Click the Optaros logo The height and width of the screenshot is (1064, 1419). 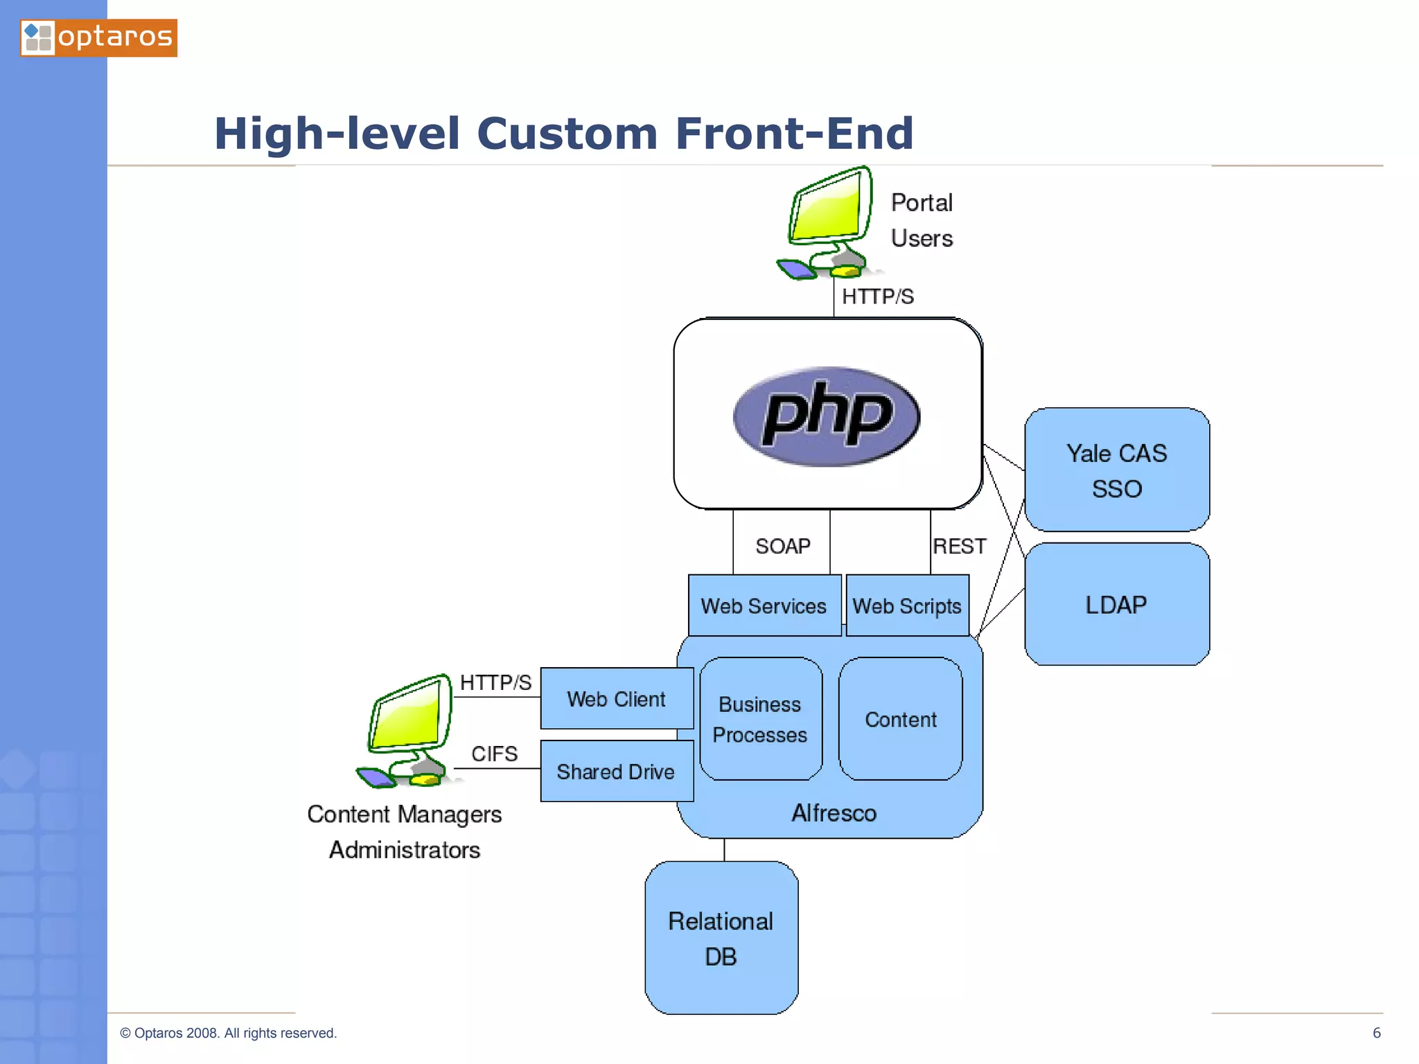point(98,37)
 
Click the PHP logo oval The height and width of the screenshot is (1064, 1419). point(826,416)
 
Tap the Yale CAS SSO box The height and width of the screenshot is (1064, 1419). point(1116,470)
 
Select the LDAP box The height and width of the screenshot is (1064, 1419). point(1116,605)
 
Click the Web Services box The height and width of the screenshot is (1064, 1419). point(764,606)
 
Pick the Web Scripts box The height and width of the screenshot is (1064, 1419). point(906,606)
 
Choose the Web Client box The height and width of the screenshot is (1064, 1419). point(616,699)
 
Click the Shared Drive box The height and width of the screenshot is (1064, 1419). point(616,772)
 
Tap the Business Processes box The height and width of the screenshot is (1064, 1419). point(760,719)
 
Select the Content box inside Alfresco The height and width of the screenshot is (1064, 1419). point(900,720)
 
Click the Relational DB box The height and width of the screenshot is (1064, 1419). point(721,939)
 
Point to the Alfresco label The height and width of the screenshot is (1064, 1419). point(834,813)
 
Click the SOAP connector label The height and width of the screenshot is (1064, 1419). point(782,547)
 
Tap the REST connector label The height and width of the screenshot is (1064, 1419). point(959,547)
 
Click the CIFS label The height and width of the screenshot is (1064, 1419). point(494,754)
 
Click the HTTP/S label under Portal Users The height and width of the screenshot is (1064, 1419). point(877,296)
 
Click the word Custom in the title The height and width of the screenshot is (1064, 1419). point(567,134)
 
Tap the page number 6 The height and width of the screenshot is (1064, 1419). point(1376,1033)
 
